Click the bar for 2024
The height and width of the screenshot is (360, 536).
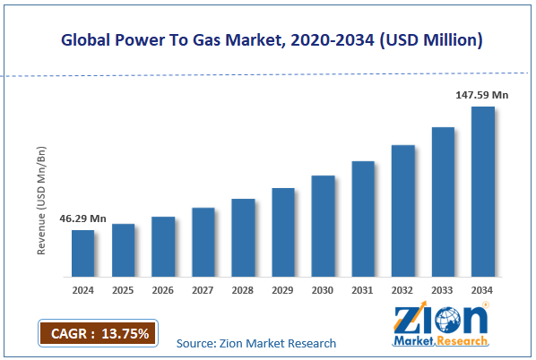tap(82, 253)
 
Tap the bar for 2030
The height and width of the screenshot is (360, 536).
tap(323, 226)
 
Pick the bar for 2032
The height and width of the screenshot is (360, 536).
tap(402, 210)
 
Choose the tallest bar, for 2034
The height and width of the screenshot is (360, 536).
tap(482, 192)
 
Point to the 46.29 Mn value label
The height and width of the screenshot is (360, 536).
tap(82, 218)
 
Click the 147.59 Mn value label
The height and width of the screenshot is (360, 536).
tap(482, 93)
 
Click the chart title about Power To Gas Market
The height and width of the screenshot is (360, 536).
tap(267, 39)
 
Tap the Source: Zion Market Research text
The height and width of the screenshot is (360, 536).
tap(255, 343)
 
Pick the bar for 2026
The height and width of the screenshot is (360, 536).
tap(163, 246)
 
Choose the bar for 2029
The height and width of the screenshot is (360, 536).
tap(283, 232)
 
